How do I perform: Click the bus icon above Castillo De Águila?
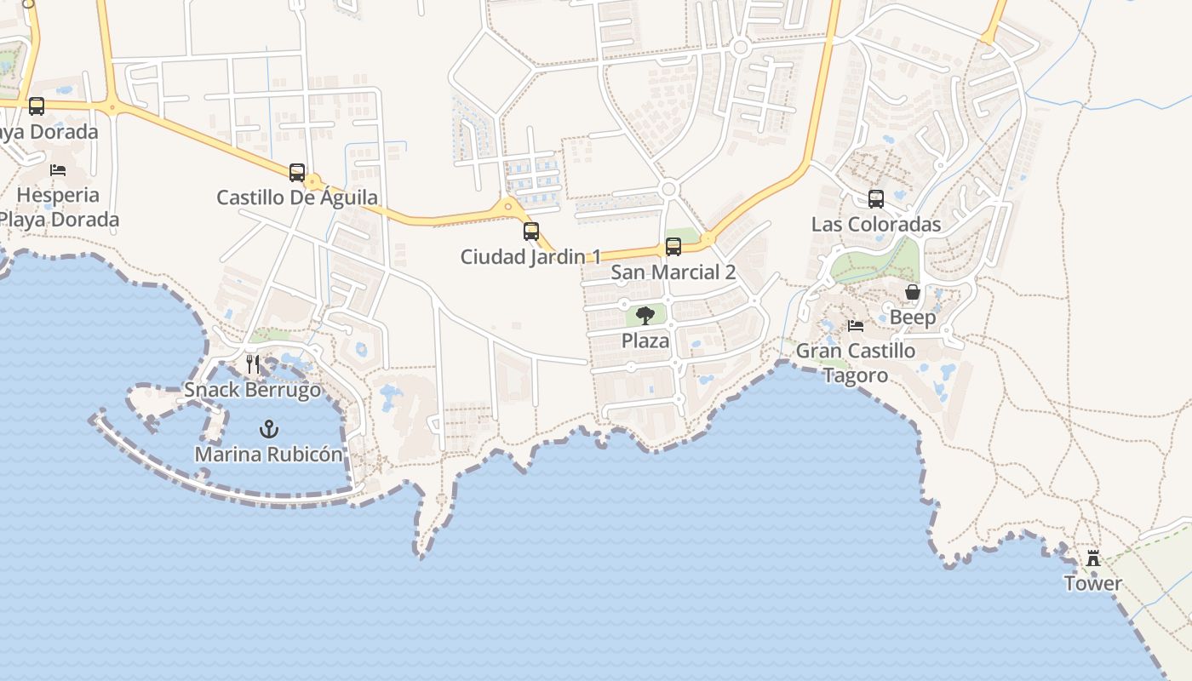[x=296, y=172]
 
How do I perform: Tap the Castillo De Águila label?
[x=297, y=198]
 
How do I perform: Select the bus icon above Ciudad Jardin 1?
[x=531, y=231]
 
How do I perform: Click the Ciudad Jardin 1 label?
[x=531, y=257]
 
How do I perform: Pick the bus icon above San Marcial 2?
[x=673, y=247]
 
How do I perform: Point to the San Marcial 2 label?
[x=673, y=272]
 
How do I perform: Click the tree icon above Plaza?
[x=645, y=316]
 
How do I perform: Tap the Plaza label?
[x=645, y=341]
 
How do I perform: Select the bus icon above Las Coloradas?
[x=876, y=199]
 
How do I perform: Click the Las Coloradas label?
[x=876, y=225]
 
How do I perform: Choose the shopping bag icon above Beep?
[x=913, y=292]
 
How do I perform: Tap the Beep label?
[x=913, y=318]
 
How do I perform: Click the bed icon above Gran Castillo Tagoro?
[x=856, y=325]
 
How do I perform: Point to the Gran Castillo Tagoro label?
[x=856, y=363]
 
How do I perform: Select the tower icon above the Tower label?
[x=1093, y=558]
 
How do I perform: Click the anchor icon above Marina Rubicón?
[x=269, y=428]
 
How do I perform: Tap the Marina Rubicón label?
[x=269, y=455]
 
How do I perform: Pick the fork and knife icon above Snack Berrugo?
[x=253, y=364]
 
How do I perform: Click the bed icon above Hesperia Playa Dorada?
[x=58, y=169]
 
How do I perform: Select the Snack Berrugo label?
[x=253, y=391]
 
